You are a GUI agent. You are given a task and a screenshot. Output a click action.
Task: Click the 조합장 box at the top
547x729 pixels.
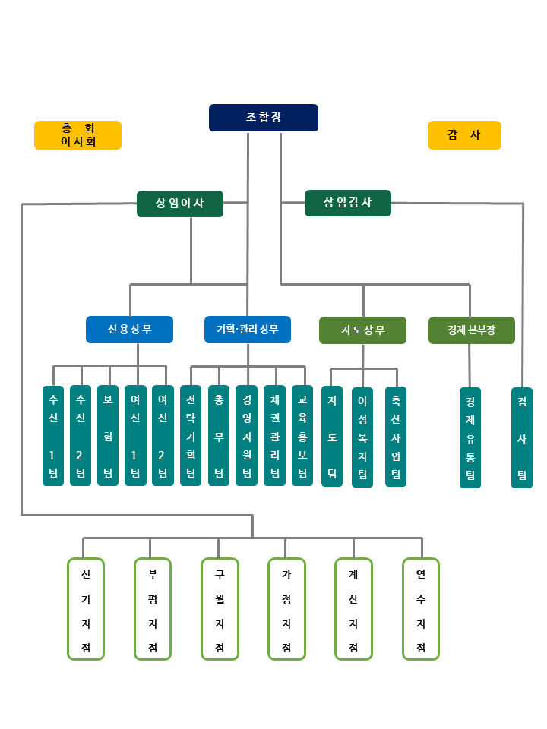click(263, 118)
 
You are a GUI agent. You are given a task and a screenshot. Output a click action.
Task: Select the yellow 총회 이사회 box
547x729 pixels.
click(77, 135)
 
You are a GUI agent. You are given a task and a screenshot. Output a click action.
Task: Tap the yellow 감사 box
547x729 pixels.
click(464, 135)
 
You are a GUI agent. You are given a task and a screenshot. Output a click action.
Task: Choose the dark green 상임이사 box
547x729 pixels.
click(180, 204)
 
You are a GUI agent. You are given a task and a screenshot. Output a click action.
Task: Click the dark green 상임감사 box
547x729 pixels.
click(348, 203)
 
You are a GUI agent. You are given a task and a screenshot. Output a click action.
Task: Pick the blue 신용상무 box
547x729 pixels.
click(129, 330)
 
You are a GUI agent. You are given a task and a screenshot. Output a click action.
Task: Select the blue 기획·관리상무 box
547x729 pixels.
click(248, 330)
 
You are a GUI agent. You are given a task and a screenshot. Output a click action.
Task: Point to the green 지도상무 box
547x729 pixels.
click(362, 330)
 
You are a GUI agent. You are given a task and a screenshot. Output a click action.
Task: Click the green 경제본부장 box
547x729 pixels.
click(471, 330)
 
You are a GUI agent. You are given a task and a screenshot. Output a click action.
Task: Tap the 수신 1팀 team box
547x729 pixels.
click(53, 435)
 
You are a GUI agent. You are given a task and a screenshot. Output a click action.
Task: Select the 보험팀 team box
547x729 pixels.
click(108, 435)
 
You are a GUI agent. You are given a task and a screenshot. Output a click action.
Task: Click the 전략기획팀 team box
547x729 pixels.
click(191, 435)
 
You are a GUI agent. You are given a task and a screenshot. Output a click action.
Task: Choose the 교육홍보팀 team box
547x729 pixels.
click(302, 435)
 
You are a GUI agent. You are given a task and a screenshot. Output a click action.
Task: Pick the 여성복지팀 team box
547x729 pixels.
click(362, 437)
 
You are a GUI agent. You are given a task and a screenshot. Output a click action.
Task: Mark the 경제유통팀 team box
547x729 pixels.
click(470, 437)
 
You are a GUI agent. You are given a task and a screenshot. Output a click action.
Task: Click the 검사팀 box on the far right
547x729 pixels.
click(522, 437)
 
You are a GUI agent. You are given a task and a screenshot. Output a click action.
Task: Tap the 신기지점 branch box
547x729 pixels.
click(86, 609)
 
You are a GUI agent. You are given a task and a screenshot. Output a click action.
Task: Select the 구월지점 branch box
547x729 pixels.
click(220, 609)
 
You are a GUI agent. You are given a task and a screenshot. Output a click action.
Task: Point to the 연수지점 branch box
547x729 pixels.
click(421, 609)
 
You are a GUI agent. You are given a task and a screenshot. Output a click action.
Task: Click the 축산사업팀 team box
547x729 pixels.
click(396, 437)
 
